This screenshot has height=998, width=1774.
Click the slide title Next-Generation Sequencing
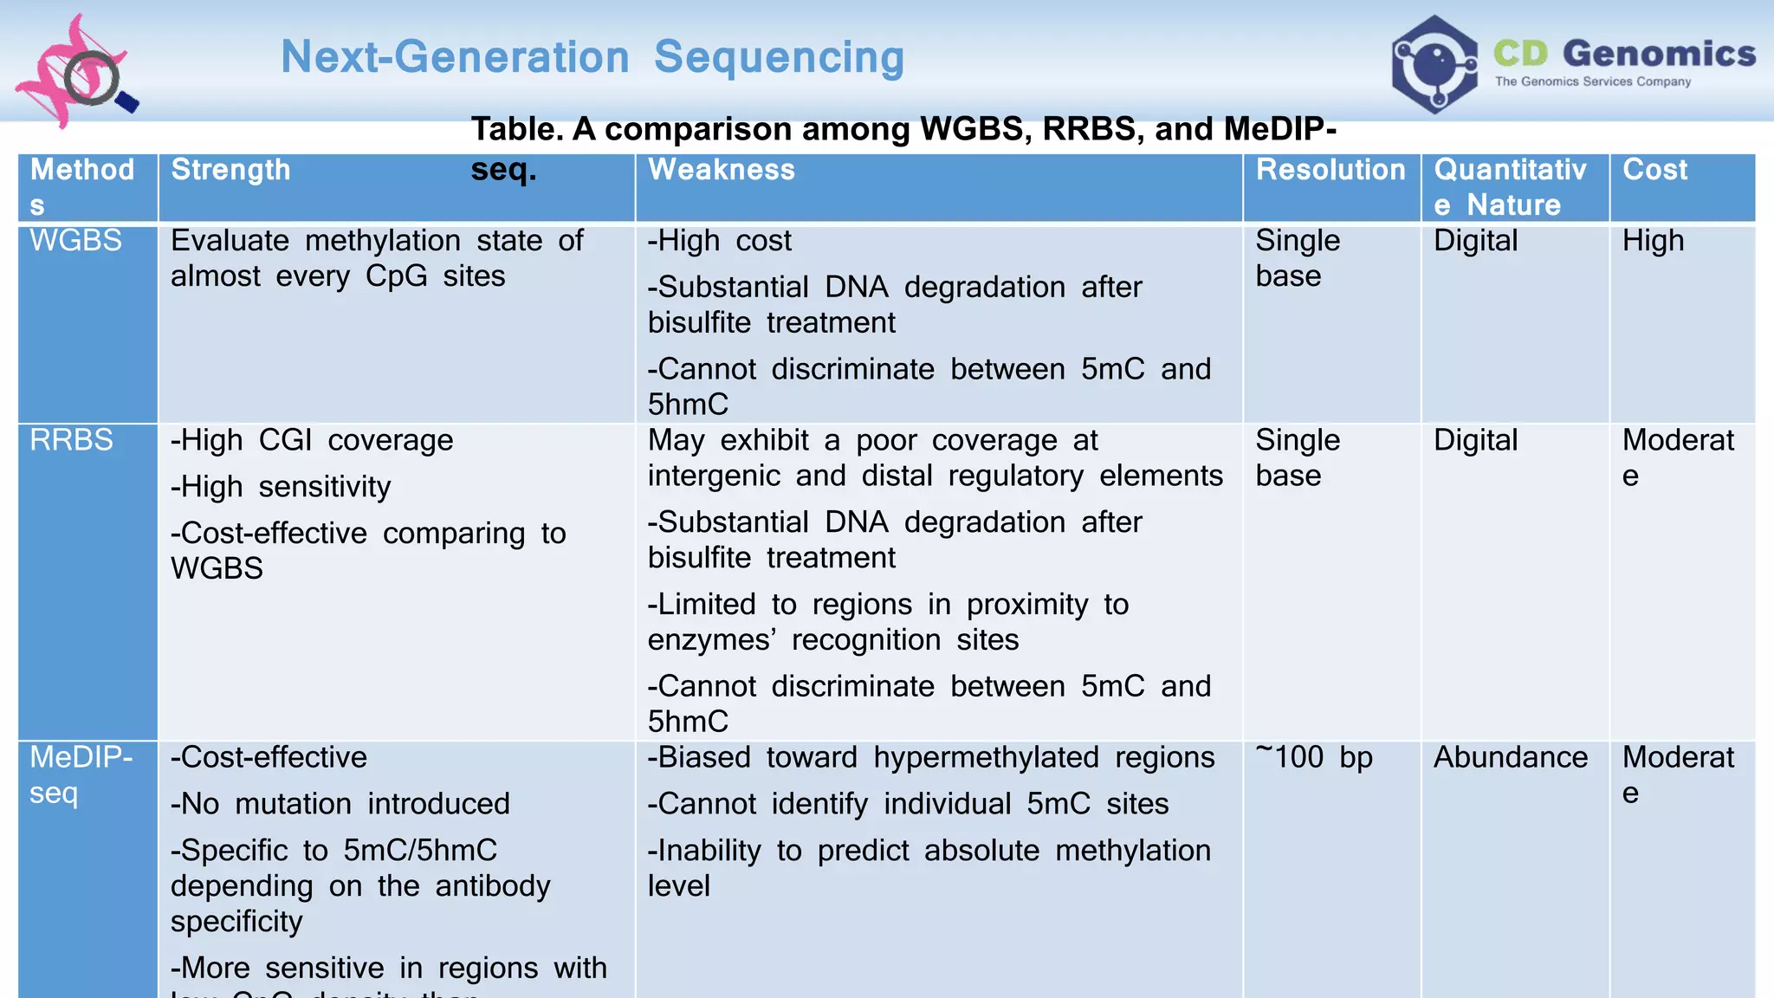click(x=592, y=57)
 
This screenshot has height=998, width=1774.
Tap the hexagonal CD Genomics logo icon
click(x=1434, y=64)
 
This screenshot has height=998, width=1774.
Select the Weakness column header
click(x=721, y=170)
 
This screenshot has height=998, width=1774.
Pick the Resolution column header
click(x=1330, y=170)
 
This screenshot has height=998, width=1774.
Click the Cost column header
click(x=1654, y=170)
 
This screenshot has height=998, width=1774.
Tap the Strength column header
click(x=230, y=170)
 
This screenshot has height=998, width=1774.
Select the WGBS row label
click(x=76, y=240)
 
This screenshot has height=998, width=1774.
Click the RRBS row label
click(x=72, y=440)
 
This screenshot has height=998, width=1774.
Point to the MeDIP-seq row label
click(x=80, y=774)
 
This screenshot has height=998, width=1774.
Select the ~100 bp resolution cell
click(x=1314, y=757)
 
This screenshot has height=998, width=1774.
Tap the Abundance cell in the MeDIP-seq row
click(x=1510, y=757)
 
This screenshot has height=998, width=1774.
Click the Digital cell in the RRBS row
click(x=1475, y=440)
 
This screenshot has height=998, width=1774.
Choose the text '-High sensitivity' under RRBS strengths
click(x=281, y=487)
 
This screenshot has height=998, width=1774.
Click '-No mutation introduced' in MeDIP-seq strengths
click(x=340, y=804)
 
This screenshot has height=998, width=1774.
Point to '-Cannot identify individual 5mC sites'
click(x=908, y=804)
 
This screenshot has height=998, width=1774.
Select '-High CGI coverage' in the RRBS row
click(x=312, y=440)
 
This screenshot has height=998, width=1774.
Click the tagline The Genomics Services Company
click(x=1592, y=81)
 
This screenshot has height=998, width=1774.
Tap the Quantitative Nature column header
click(x=1510, y=187)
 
